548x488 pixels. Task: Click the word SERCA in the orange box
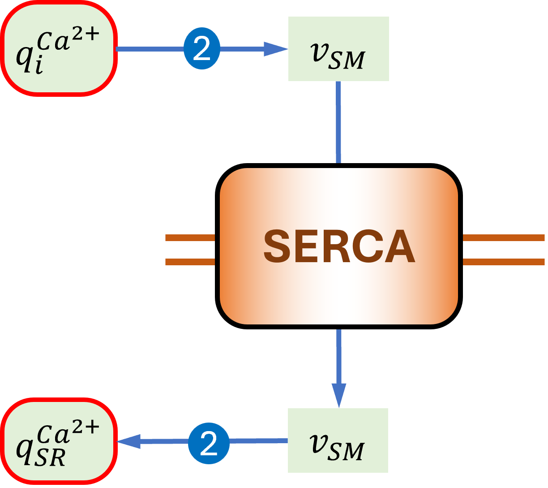(x=339, y=246)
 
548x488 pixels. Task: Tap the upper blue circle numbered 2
(x=202, y=48)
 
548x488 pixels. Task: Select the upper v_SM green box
(x=338, y=49)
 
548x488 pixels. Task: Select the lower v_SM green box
(x=338, y=440)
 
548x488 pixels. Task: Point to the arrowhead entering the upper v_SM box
(x=276, y=49)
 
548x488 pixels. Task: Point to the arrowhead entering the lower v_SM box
(x=339, y=395)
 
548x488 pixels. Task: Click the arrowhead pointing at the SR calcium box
(x=128, y=441)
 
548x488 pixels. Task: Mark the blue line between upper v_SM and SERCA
(x=338, y=122)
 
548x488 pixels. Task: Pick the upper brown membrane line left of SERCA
(x=190, y=238)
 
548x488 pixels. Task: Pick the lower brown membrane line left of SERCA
(x=190, y=262)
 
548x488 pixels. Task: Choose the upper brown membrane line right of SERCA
(x=504, y=238)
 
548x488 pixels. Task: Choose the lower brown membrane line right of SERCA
(x=504, y=262)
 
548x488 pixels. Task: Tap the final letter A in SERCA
(x=400, y=246)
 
